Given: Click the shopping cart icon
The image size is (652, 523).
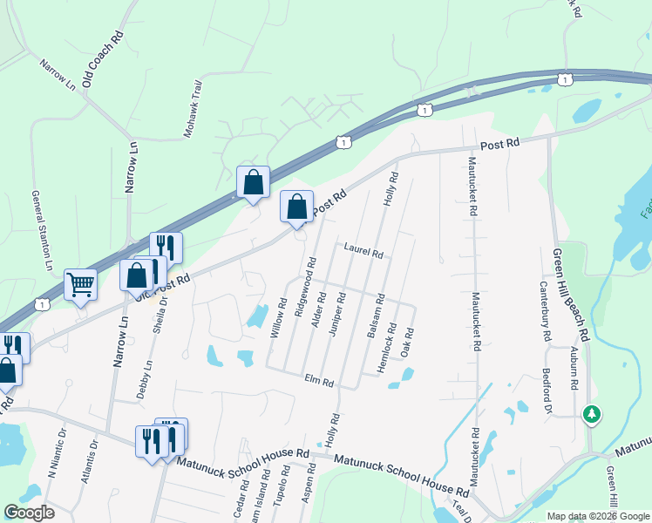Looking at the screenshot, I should pyautogui.click(x=80, y=284).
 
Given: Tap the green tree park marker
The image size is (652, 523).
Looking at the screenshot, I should pyautogui.click(x=593, y=413).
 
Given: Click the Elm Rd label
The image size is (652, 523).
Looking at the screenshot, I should pyautogui.click(x=320, y=382).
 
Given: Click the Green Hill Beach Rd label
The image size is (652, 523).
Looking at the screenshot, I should pyautogui.click(x=571, y=295).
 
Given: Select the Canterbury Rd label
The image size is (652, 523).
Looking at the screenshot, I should pyautogui.click(x=544, y=311).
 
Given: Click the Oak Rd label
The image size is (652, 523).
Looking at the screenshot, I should pyautogui.click(x=405, y=343).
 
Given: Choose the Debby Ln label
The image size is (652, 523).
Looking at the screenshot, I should pyautogui.click(x=144, y=381).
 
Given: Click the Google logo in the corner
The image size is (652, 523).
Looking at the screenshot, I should pyautogui.click(x=29, y=513).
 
